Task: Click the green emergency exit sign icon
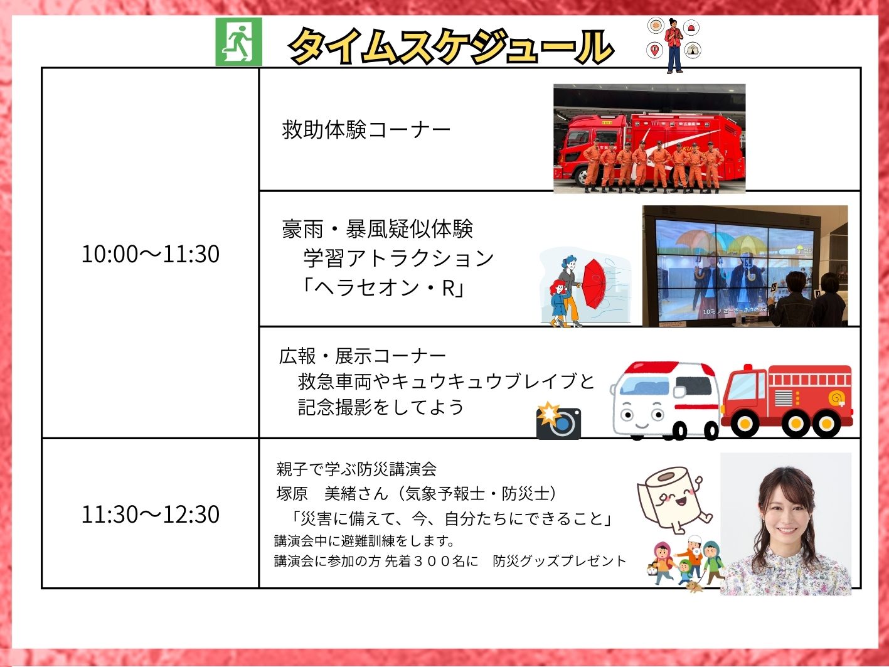(x=238, y=41)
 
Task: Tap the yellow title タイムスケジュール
(x=451, y=46)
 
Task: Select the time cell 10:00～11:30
(x=151, y=254)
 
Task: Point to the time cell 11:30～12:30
(x=151, y=515)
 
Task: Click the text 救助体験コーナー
(x=366, y=130)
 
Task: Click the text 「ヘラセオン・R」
(x=383, y=289)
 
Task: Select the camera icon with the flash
(x=558, y=420)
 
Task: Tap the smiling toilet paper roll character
(x=674, y=499)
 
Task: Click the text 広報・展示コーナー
(x=363, y=356)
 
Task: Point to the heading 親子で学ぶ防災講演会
(x=356, y=469)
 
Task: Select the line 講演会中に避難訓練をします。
(x=364, y=541)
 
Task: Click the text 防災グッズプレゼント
(x=560, y=561)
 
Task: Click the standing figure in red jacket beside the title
(x=674, y=45)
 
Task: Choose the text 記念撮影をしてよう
(x=380, y=407)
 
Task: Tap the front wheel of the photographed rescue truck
(x=583, y=176)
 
